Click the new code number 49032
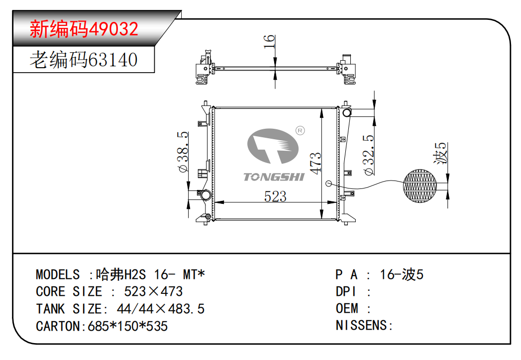(x=113, y=29)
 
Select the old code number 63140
(x=112, y=60)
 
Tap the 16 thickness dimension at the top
(x=269, y=42)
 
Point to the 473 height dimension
(x=315, y=163)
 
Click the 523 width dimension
(x=275, y=196)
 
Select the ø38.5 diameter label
(x=183, y=152)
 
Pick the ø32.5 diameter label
(x=369, y=155)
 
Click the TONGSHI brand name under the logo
(x=273, y=177)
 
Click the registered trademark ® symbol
(x=300, y=130)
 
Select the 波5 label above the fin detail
(x=441, y=154)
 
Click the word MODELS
(x=58, y=274)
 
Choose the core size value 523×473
(x=153, y=291)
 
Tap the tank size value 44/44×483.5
(x=160, y=309)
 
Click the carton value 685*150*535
(x=128, y=326)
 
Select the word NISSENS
(x=362, y=325)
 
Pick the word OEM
(x=347, y=308)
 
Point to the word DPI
(x=346, y=291)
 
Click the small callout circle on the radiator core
(x=328, y=183)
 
